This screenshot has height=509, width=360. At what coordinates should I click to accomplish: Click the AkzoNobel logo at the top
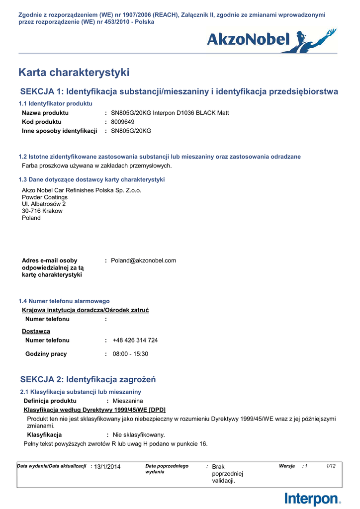point(271,40)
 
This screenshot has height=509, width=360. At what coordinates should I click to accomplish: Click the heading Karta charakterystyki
point(74,73)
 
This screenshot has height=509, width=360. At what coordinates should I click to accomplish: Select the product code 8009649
point(122,122)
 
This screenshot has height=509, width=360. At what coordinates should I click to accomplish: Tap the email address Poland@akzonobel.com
point(143,260)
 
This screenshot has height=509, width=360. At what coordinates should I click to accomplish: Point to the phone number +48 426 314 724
point(135,340)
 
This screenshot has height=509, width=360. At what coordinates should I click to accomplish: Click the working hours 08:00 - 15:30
point(130,354)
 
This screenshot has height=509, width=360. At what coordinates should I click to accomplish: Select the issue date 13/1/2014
point(107,466)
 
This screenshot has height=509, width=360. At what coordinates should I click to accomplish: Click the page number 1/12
point(331,466)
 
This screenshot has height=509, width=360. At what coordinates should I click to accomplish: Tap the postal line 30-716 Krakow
point(42,211)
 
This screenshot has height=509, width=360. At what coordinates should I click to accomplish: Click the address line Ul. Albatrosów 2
point(44,204)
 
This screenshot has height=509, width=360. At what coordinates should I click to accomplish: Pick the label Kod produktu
point(42,122)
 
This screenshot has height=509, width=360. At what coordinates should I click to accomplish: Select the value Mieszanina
point(128,401)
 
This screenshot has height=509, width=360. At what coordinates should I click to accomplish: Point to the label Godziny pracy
point(46,354)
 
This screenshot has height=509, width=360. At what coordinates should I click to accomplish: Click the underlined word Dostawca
point(36,331)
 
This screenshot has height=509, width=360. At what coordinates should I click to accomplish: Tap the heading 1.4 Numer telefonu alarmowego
point(64,301)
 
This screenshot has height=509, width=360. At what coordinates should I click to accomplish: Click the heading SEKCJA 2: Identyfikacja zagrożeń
point(88,380)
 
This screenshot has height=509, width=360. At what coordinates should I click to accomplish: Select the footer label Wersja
point(287,466)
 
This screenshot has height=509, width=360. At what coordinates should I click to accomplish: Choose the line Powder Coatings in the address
point(45,197)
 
